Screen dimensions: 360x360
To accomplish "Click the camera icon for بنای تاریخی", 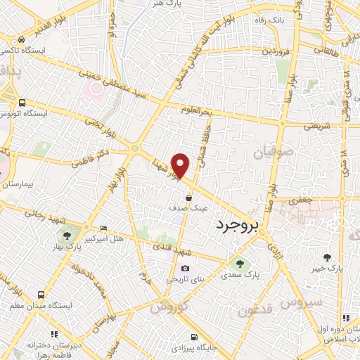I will coord(185,268).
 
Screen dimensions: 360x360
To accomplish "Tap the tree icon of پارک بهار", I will coord(67,236).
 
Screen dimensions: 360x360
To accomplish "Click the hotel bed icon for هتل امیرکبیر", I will coord(104,229).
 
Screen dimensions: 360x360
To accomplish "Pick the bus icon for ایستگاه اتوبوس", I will coord(22,102).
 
